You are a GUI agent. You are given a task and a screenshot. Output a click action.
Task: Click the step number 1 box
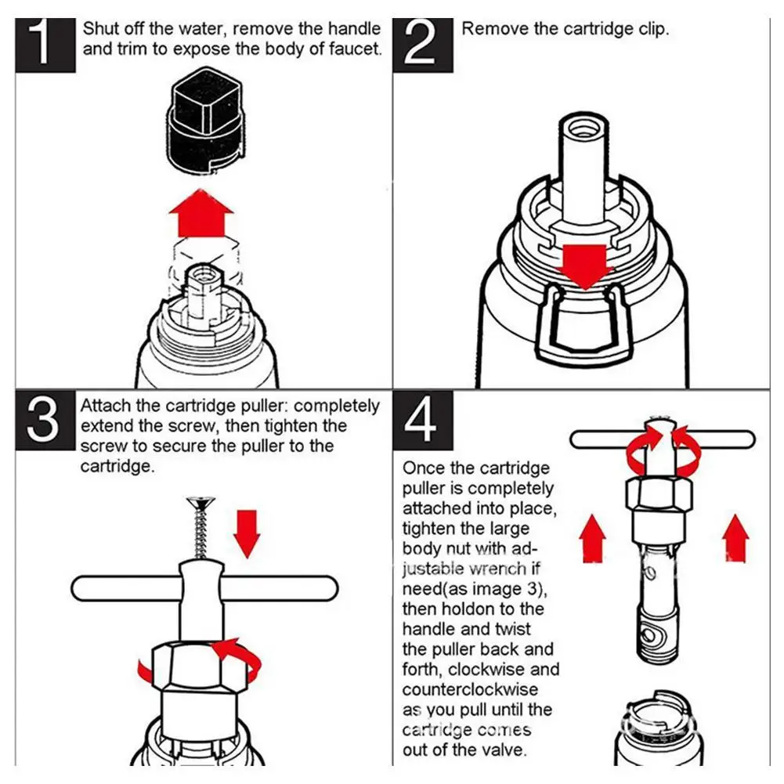pyautogui.click(x=45, y=45)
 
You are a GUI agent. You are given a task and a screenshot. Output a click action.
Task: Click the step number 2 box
pyautogui.click(x=423, y=45)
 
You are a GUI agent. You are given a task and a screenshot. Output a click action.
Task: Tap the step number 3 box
pyautogui.click(x=45, y=421)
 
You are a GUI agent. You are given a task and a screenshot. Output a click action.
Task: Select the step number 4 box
pyautogui.click(x=423, y=421)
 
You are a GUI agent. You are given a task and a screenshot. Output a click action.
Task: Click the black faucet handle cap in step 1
pyautogui.click(x=205, y=120)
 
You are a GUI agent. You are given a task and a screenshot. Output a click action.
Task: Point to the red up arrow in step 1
pyautogui.click(x=201, y=213)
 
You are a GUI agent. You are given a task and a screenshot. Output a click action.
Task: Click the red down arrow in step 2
pyautogui.click(x=585, y=266)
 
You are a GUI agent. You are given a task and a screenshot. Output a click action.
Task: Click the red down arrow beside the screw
pyautogui.click(x=247, y=534)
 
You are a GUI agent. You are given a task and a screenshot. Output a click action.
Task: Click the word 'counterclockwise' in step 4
pyautogui.click(x=470, y=689)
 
